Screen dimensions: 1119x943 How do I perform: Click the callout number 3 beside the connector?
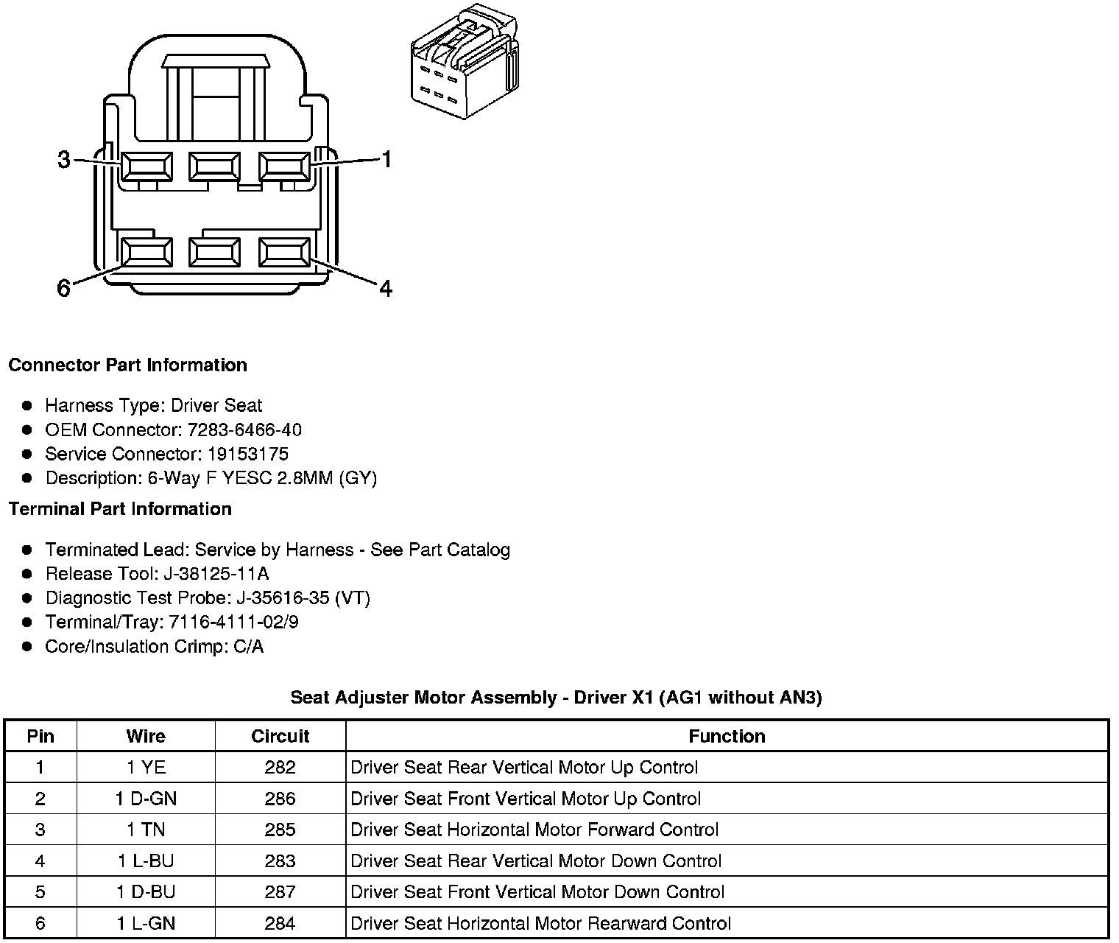pyautogui.click(x=64, y=159)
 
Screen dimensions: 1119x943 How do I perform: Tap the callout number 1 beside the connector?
pyautogui.click(x=386, y=159)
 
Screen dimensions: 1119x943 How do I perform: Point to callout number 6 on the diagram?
pyautogui.click(x=64, y=288)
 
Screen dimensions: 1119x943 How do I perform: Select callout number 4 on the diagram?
pyautogui.click(x=386, y=288)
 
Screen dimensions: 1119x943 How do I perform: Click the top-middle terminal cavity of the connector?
pyautogui.click(x=214, y=166)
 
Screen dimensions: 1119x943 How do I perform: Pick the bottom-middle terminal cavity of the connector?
pyautogui.click(x=214, y=253)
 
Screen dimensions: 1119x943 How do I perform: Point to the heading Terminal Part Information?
pyautogui.click(x=120, y=509)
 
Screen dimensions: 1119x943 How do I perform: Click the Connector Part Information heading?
pyautogui.click(x=127, y=365)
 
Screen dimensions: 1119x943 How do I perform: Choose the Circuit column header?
pyautogui.click(x=280, y=736)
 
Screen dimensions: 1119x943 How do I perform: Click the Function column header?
pyautogui.click(x=727, y=736)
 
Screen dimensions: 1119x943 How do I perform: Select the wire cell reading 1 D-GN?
pyautogui.click(x=146, y=799)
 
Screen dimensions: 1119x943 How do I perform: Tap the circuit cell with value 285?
pyautogui.click(x=280, y=830)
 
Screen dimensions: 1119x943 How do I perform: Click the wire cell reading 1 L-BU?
pyautogui.click(x=146, y=860)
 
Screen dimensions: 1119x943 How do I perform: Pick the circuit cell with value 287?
pyautogui.click(x=280, y=892)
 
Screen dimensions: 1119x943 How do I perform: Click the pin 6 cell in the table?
pyautogui.click(x=40, y=923)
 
